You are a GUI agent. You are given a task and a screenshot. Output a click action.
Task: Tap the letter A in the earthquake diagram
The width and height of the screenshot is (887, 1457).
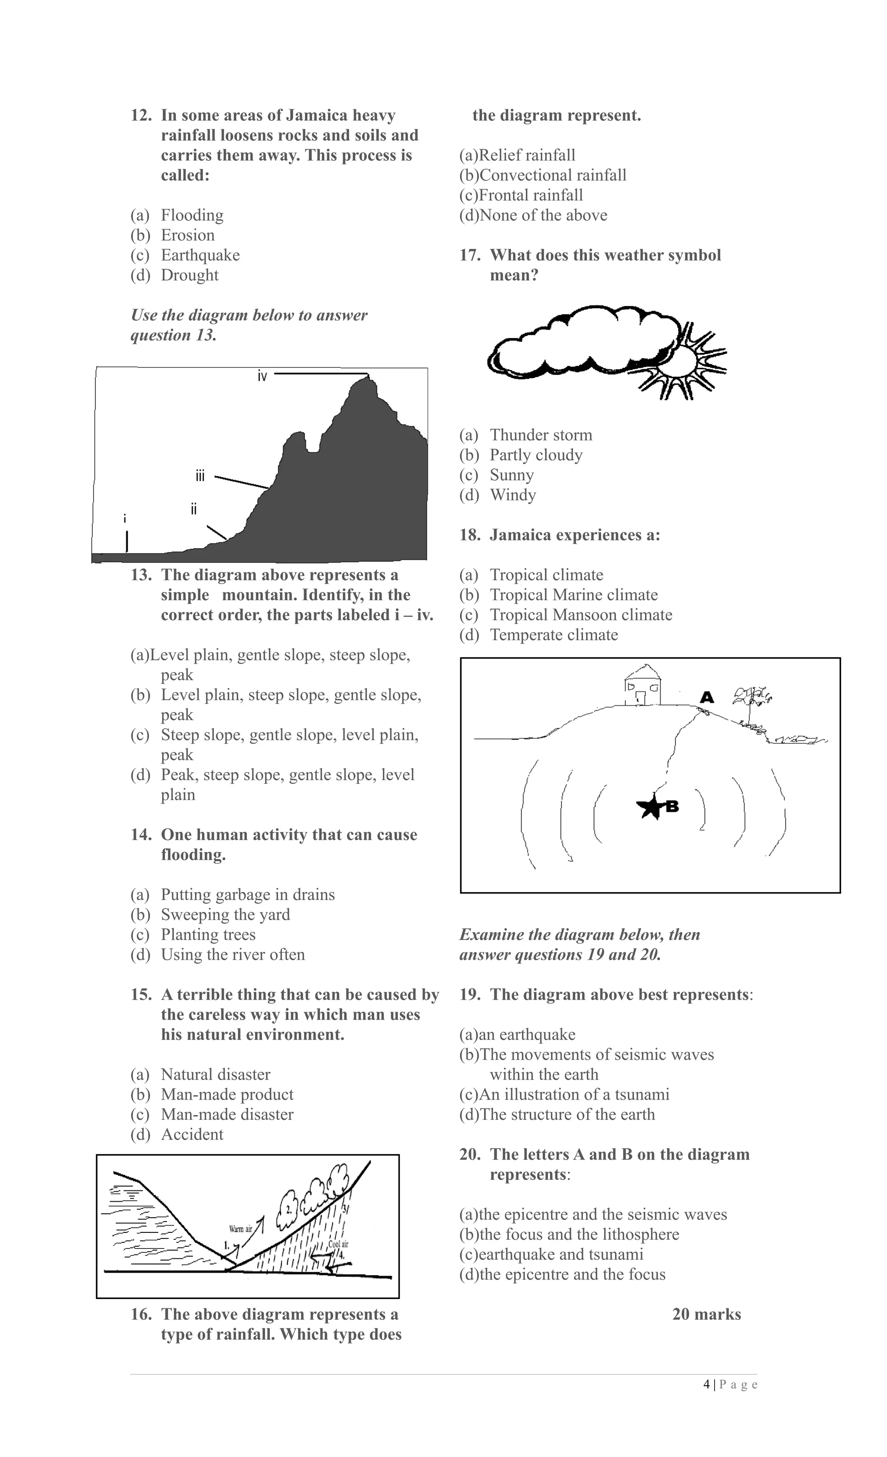pyautogui.click(x=706, y=697)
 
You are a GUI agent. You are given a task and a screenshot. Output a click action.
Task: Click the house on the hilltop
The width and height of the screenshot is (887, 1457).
pyautogui.click(x=643, y=685)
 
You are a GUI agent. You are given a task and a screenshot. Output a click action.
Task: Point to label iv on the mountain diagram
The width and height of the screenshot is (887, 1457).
pyautogui.click(x=262, y=376)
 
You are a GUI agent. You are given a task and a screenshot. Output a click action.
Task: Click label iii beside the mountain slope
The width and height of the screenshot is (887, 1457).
pyautogui.click(x=200, y=476)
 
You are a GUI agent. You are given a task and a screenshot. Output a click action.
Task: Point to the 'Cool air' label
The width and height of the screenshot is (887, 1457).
pyautogui.click(x=338, y=1244)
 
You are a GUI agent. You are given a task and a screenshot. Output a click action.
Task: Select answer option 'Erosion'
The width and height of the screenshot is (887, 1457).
pyautogui.click(x=188, y=235)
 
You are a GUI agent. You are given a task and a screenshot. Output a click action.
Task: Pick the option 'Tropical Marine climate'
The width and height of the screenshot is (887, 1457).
pyautogui.click(x=573, y=595)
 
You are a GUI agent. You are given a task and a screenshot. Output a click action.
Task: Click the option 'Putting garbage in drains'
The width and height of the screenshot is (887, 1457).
pyautogui.click(x=247, y=894)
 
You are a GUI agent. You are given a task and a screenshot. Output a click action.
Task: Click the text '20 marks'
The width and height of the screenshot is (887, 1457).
pyautogui.click(x=706, y=1315)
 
